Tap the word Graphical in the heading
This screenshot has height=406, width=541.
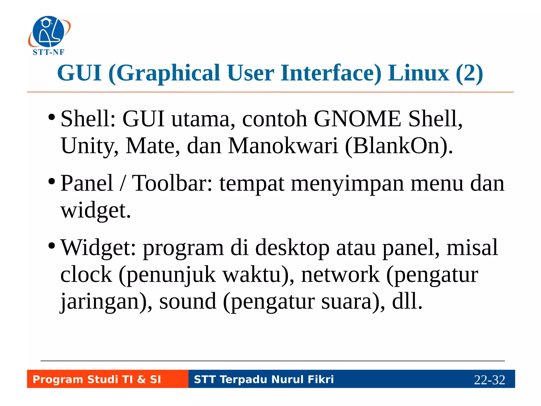(x=168, y=73)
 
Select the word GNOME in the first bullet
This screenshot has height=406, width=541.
(x=357, y=119)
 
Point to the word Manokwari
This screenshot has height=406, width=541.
(x=283, y=146)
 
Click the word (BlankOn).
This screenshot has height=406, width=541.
(x=399, y=146)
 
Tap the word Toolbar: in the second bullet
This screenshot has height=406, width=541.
(x=172, y=183)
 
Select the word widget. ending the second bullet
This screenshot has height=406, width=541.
(x=96, y=211)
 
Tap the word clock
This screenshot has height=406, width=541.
(x=86, y=275)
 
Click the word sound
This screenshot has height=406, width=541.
(x=188, y=302)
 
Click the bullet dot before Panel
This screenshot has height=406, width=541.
(x=52, y=182)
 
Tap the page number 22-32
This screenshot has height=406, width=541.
(x=489, y=380)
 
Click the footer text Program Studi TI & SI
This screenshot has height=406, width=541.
(x=97, y=379)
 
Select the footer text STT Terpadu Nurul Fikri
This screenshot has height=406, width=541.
(x=264, y=379)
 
